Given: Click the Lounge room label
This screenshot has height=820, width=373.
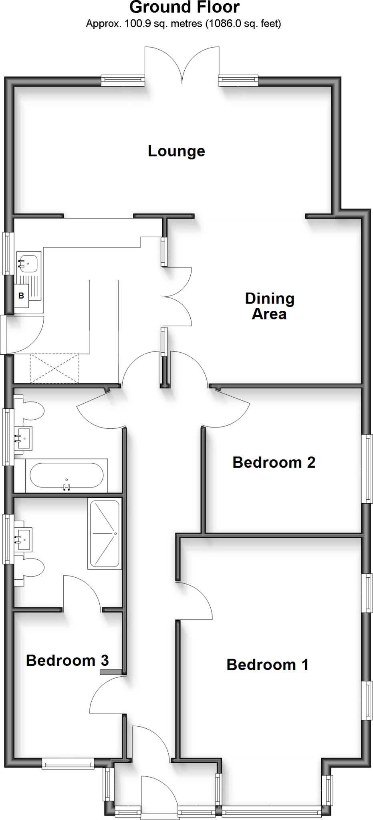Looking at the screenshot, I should point(176,151).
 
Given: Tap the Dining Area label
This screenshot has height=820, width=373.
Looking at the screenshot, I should point(269,306).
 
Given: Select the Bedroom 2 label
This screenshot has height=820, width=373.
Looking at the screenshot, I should point(274,462).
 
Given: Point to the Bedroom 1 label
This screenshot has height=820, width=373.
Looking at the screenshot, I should point(267,665).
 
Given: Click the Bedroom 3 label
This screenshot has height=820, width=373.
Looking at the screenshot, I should point(67,660).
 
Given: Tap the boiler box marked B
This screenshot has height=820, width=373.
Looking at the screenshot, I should point(21,296).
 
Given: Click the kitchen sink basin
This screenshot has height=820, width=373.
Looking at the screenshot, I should point(28,263).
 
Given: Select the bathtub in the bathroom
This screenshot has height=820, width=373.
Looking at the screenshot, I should point(67,475).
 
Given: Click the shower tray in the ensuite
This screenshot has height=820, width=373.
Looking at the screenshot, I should point(105,534).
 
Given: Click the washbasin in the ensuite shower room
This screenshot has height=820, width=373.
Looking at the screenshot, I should point(23,537).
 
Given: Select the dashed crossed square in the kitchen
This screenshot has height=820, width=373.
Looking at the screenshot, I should point(54,368).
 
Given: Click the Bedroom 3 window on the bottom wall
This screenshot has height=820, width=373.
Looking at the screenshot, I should point(68,764).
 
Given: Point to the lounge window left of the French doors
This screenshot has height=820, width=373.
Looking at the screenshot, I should point(123,81).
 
